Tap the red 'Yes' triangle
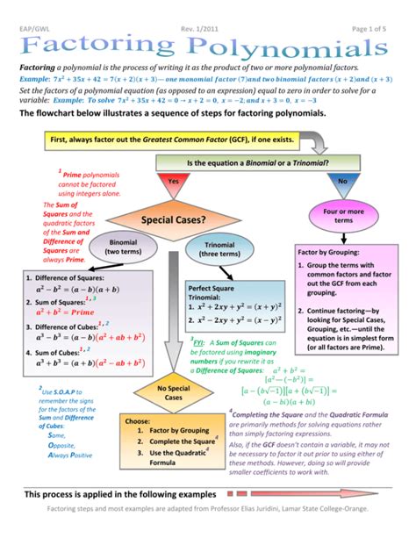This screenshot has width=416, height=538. [x=172, y=185]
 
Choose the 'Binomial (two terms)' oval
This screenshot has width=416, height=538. [x=123, y=247]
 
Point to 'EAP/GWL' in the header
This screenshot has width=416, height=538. [x=34, y=9]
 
